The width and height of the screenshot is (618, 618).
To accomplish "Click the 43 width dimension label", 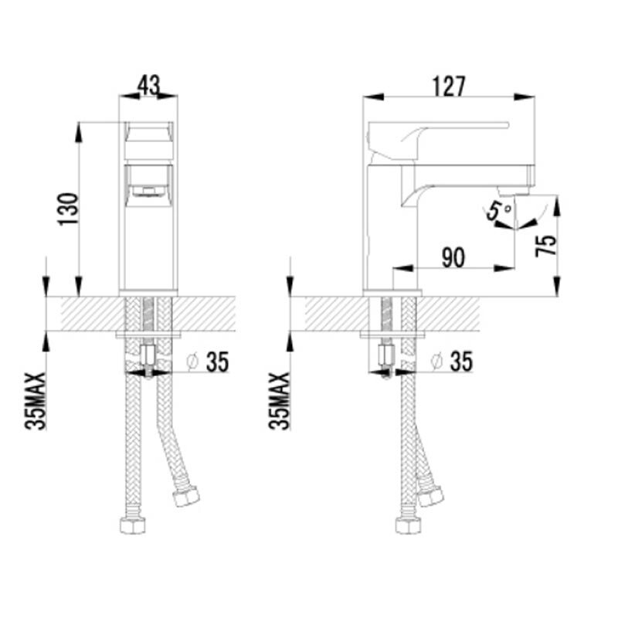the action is pyautogui.click(x=148, y=86).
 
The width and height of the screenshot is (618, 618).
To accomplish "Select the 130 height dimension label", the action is pyautogui.click(x=68, y=209).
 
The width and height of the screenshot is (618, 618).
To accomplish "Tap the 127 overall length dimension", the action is pyautogui.click(x=449, y=87).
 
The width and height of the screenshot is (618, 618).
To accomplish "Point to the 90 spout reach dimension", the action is pyautogui.click(x=453, y=258).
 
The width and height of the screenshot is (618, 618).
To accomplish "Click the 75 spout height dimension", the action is pyautogui.click(x=546, y=245).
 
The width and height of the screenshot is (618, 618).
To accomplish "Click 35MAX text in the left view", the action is pyautogui.click(x=36, y=400).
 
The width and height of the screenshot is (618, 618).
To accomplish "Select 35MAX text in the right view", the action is pyautogui.click(x=279, y=400).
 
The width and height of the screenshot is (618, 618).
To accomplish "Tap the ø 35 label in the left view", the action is pyautogui.click(x=208, y=362).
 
